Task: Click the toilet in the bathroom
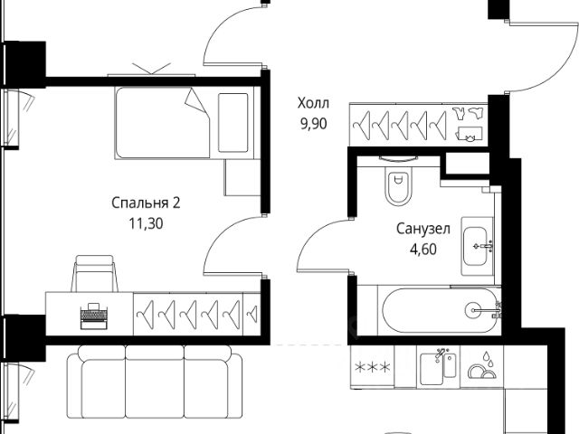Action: pyautogui.click(x=396, y=184)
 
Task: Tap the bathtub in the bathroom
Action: pyautogui.click(x=438, y=310)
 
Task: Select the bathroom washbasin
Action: pyautogui.click(x=479, y=245)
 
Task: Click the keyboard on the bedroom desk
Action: pyautogui.click(x=91, y=316)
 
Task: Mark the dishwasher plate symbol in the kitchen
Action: pyautogui.click(x=479, y=367)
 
